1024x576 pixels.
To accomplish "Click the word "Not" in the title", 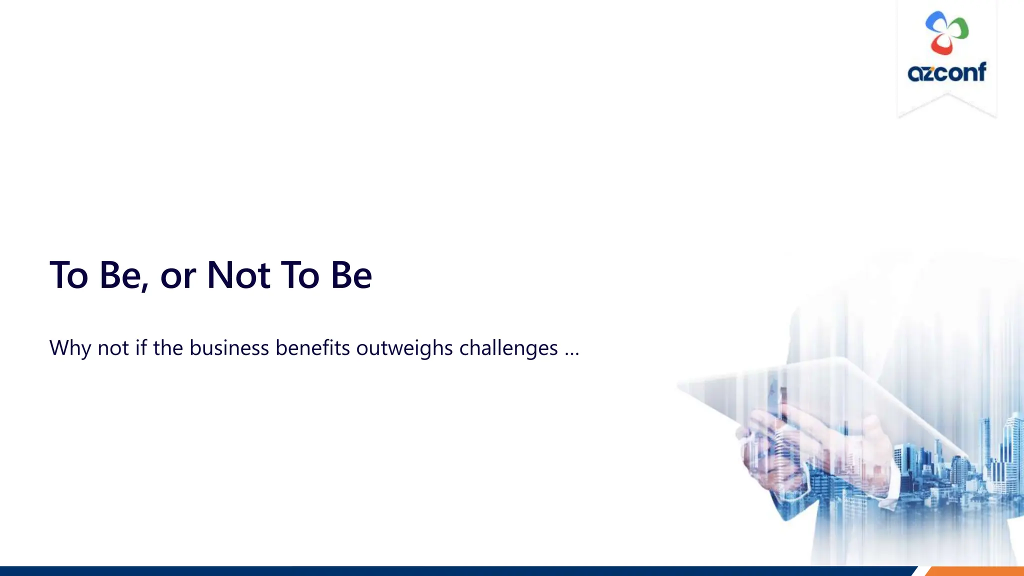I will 238,275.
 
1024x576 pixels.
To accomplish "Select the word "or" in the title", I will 177,277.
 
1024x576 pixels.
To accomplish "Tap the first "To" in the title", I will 69,275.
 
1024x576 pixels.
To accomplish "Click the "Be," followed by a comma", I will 123,276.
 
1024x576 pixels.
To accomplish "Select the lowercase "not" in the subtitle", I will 113,348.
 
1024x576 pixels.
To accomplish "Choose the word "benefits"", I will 312,348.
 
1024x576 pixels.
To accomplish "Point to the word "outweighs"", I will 404,348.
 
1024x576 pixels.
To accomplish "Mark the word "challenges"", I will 508,348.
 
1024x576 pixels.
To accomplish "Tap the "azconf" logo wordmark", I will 947,72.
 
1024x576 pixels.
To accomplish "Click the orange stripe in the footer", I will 975,571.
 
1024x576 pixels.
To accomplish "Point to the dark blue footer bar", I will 450,571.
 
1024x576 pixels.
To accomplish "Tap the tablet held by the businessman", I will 820,395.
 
